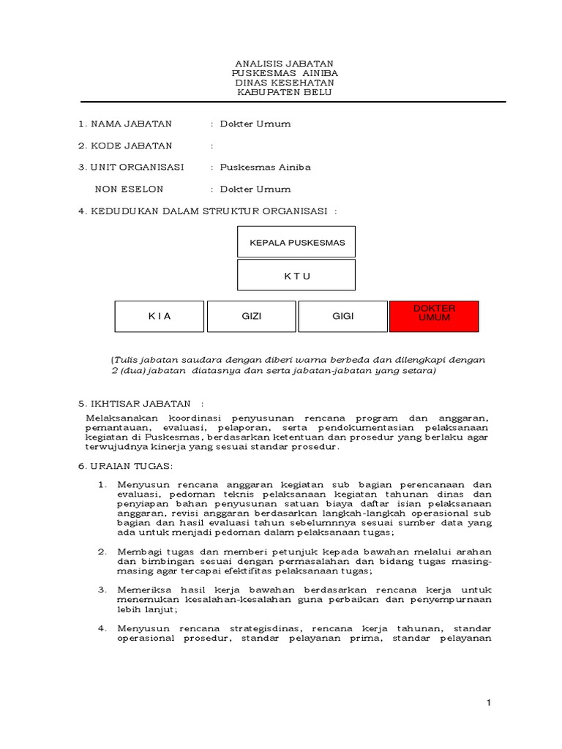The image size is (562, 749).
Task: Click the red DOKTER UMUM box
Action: coord(435,316)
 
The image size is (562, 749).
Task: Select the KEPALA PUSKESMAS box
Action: coord(296,242)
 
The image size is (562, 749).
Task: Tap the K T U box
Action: coord(296,276)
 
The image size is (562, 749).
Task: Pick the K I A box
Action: coord(159,316)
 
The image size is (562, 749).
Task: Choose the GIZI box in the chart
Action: coord(251,316)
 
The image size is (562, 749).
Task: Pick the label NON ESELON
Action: coord(130,189)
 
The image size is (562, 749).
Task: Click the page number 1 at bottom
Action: coord(489,703)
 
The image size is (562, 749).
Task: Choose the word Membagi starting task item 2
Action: coord(136,550)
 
